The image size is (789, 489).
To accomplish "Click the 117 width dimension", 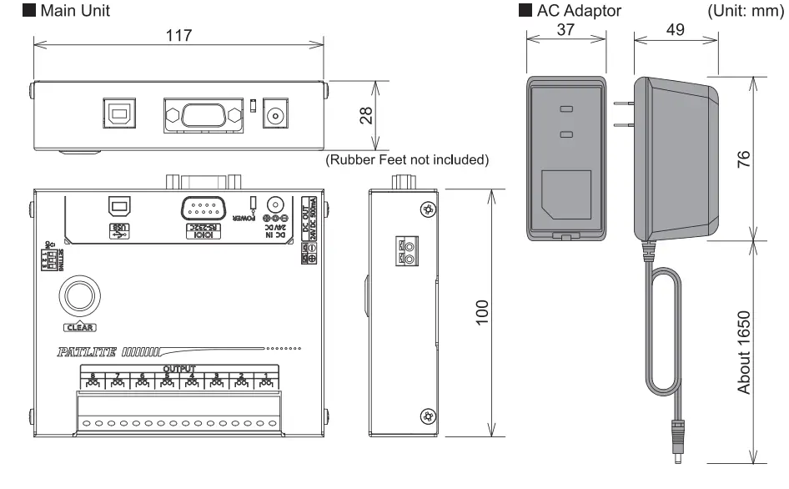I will coord(179,36).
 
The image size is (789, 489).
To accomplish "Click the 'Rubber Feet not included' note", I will coord(406,159).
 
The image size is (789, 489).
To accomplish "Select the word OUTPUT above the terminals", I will coord(178,369).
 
